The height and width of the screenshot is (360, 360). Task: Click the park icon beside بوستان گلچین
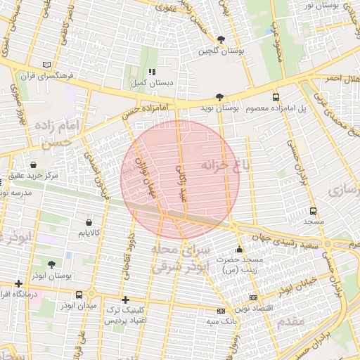221,40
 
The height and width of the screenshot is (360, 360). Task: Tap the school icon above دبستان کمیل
151,72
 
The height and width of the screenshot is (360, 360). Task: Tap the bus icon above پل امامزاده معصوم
275,98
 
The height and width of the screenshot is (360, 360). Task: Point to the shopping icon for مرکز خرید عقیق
33,164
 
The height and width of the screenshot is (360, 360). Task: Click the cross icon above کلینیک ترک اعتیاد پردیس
125,300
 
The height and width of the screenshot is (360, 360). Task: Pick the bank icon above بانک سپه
221,310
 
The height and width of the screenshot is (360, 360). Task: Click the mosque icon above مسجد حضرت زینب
240,248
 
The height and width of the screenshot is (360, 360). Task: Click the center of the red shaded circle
180,180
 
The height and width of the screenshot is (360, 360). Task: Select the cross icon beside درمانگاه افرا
18,283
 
